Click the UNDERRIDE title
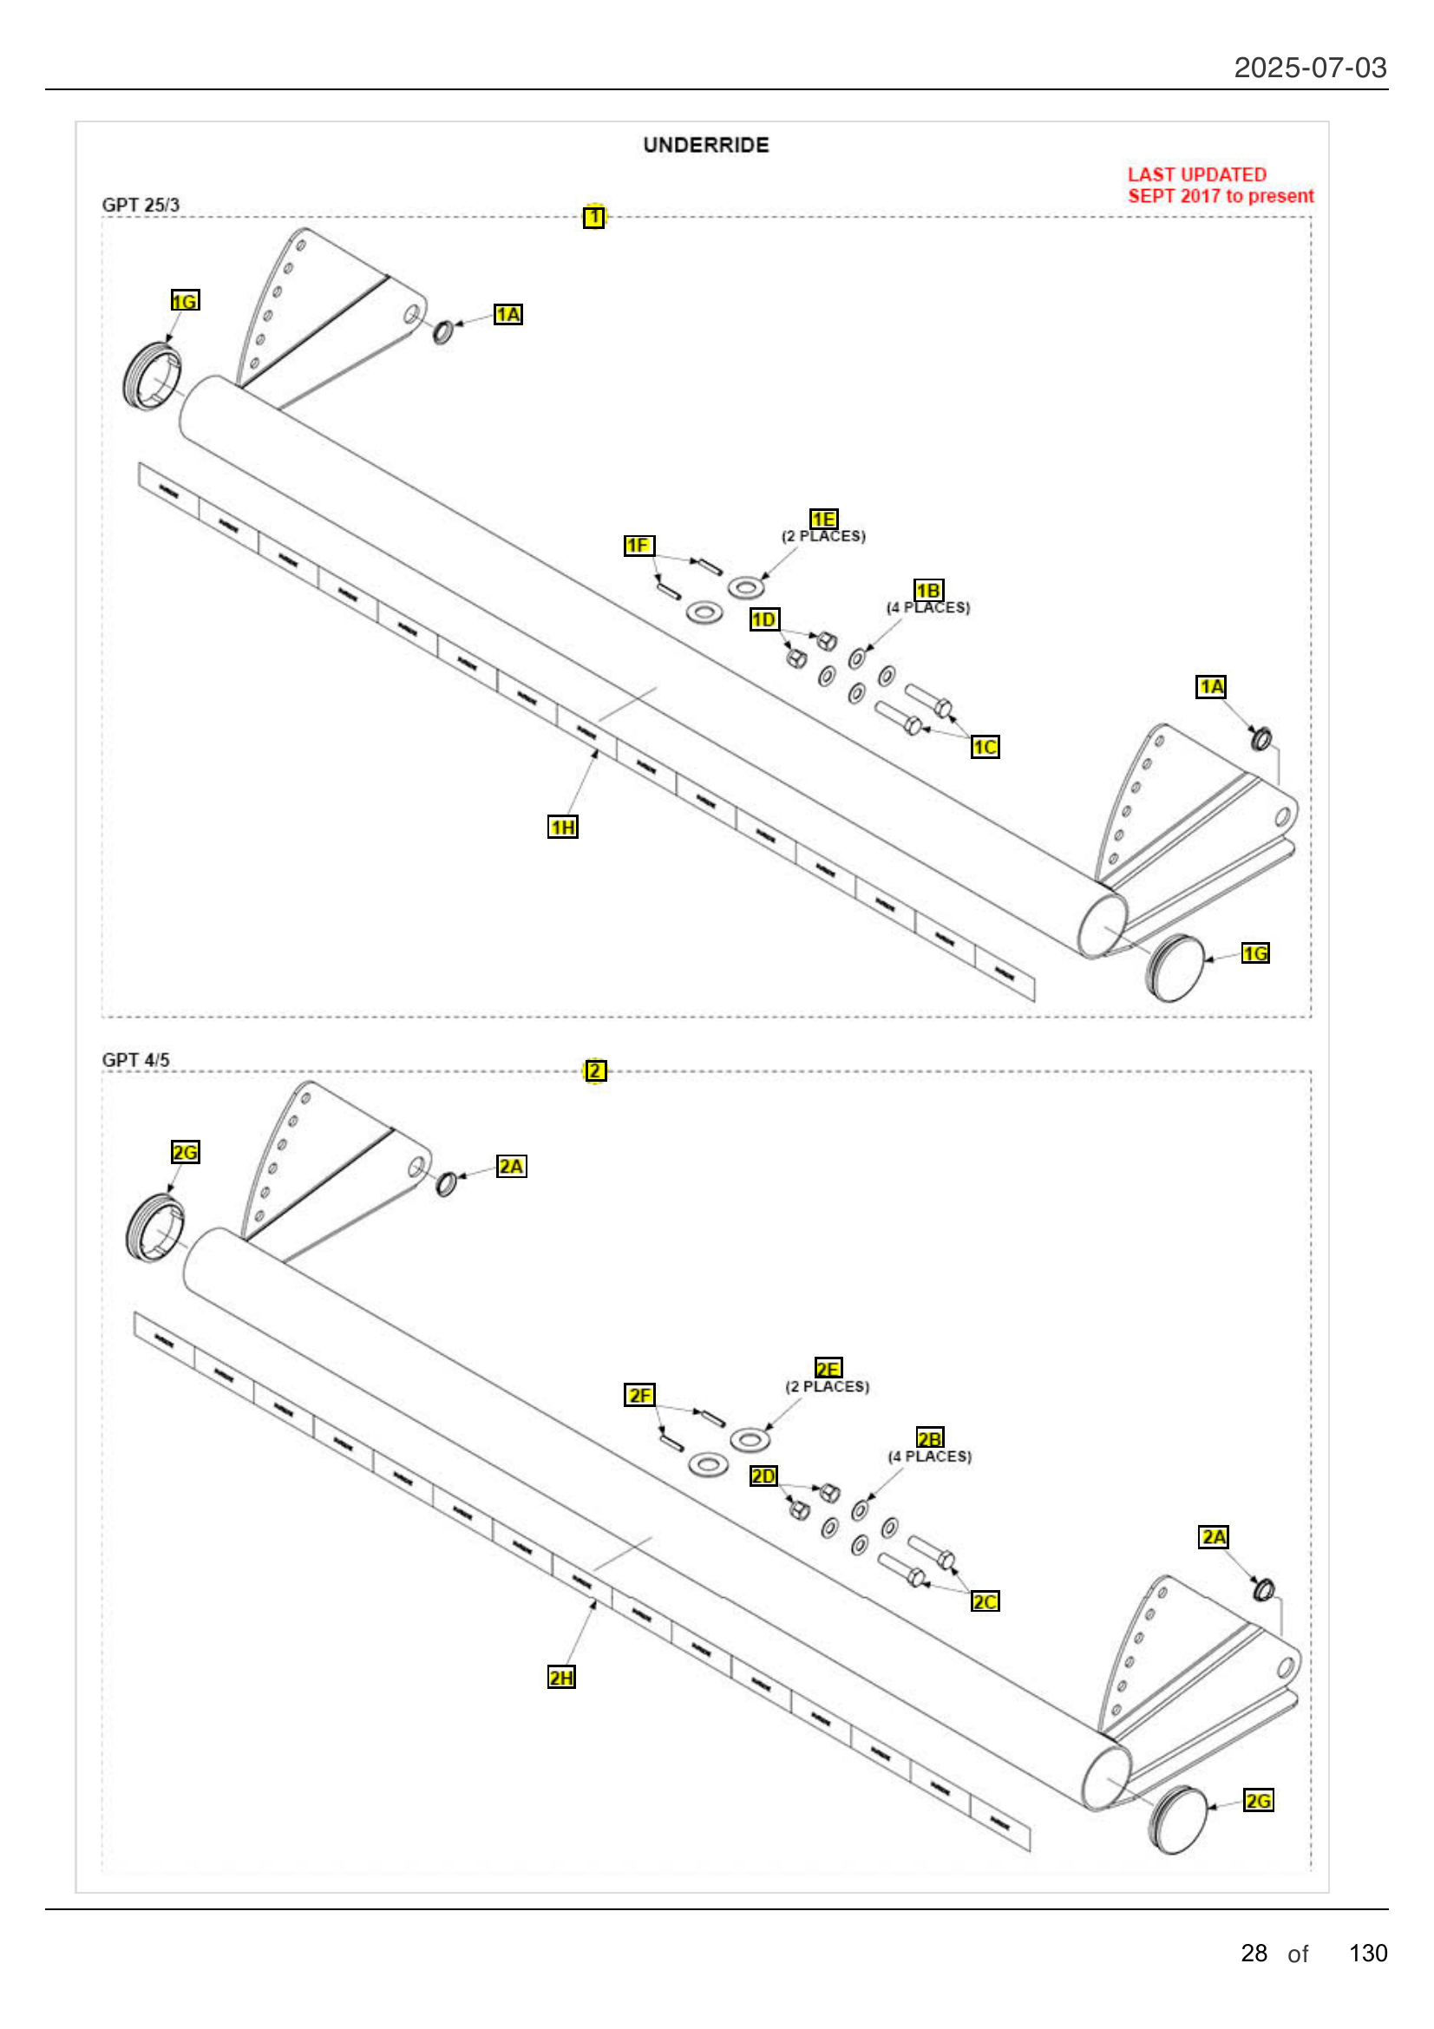[705, 145]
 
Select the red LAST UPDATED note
[1220, 186]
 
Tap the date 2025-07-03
[1309, 68]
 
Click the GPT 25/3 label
[141, 205]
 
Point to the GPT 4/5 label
[135, 1059]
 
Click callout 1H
[563, 828]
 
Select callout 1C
[985, 748]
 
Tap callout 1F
[638, 546]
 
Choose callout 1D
[764, 619]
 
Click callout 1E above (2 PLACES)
[823, 519]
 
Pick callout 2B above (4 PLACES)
[929, 1437]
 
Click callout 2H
[561, 1678]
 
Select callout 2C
[985, 1601]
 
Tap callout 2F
[639, 1395]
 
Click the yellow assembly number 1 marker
[593, 217]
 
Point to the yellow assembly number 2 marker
[595, 1070]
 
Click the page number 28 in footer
[1253, 1953]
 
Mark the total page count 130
[1367, 1953]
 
